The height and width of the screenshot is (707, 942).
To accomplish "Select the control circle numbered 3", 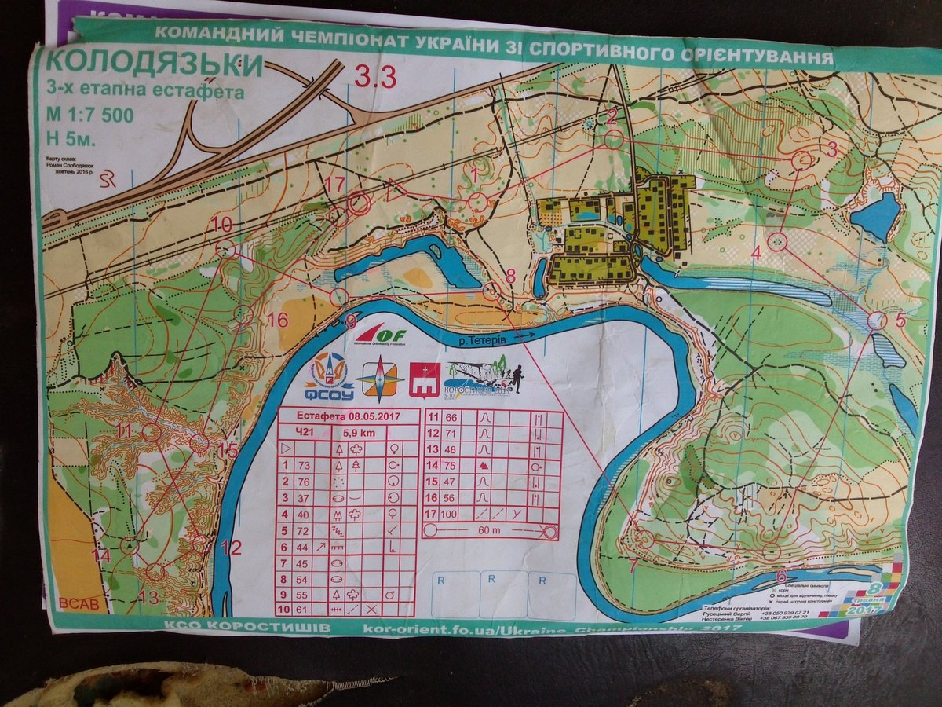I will (801, 160).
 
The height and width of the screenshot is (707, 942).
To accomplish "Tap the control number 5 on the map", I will (900, 319).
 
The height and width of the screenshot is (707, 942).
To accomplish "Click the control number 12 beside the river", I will (231, 548).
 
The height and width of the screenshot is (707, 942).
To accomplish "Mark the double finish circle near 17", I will (359, 203).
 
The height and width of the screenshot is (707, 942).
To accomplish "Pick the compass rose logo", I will (379, 379).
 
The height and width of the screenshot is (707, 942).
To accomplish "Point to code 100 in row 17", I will (450, 514).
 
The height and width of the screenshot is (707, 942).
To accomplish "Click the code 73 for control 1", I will (304, 466).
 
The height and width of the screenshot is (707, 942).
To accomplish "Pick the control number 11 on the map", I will (123, 430).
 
